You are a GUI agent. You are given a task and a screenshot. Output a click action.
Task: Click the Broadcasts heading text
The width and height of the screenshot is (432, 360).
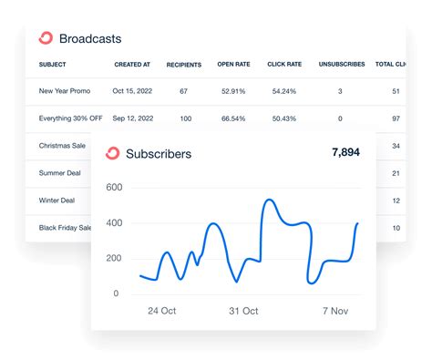[89, 39]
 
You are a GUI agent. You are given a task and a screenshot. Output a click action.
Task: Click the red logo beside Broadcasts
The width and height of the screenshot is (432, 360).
[46, 38]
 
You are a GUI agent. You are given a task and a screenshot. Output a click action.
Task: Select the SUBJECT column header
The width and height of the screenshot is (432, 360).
[53, 65]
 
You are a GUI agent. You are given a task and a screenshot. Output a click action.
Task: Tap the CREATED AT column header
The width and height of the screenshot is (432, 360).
[132, 65]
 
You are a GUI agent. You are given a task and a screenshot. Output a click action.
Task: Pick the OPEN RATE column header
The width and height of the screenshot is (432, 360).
[233, 65]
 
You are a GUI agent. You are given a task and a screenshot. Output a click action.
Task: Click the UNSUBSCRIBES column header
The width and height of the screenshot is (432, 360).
[341, 65]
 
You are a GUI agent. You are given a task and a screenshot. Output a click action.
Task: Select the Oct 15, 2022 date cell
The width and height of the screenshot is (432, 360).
[132, 91]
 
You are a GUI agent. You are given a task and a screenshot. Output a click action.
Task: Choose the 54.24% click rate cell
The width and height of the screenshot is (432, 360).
[284, 91]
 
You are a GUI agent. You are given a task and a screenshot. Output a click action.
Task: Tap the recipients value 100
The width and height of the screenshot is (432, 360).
[185, 118]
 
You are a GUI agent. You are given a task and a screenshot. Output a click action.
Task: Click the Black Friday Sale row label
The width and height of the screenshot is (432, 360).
[66, 227]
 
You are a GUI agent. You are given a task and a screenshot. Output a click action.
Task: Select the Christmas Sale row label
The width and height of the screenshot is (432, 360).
[63, 146]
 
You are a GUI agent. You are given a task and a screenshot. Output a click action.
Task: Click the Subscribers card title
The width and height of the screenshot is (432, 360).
[159, 154]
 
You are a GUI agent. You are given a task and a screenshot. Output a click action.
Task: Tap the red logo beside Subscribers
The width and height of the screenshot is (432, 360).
[113, 154]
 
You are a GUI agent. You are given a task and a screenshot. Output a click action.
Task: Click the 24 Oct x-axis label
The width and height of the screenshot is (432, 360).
[163, 311]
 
